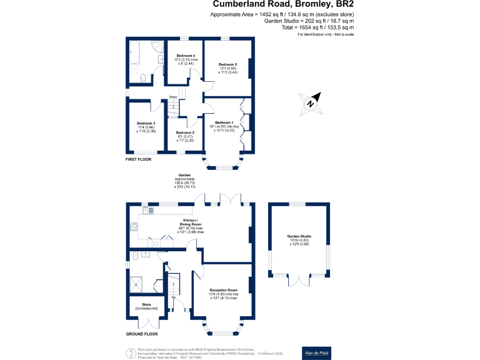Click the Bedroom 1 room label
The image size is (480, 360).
pos(224,122)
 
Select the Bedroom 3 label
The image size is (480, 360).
pos(146,124)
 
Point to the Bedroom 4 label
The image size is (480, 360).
pos(186,56)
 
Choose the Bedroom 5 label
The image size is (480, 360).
pos(185,133)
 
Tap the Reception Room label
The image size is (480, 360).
pos(224,290)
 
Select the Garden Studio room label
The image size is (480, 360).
pos(299,236)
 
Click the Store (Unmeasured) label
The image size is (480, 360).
pos(147,304)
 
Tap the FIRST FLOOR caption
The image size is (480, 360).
pos(139,160)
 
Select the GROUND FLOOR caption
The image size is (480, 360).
pos(141,334)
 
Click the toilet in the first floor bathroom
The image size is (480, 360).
pos(143,79)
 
